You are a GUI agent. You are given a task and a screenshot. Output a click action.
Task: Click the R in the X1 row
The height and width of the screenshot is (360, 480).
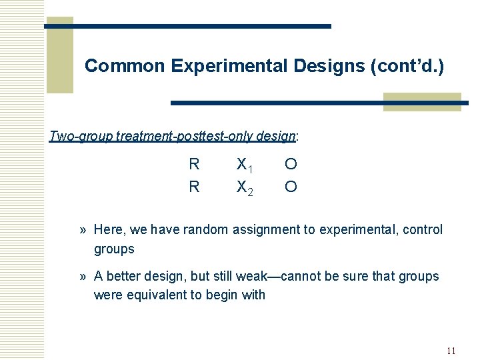[194, 164]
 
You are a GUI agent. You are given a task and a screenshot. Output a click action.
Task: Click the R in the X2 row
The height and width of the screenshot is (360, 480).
[194, 187]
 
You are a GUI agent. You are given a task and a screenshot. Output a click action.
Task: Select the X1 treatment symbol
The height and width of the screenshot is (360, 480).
[244, 165]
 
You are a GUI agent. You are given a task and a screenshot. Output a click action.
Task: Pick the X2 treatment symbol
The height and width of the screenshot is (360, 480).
[244, 187]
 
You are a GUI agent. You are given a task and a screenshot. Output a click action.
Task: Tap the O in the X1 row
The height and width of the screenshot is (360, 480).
[291, 164]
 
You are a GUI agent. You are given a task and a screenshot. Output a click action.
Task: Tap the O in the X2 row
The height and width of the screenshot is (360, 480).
[291, 187]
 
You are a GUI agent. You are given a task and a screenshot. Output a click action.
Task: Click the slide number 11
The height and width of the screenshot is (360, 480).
[451, 351]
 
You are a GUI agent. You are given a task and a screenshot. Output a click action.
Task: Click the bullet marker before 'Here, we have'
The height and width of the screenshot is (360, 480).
[83, 230]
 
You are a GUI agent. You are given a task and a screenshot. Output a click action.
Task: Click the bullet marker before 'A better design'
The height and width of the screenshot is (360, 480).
[83, 276]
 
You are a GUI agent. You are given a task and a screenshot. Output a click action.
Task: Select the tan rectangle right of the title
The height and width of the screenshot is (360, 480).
[422, 101]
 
